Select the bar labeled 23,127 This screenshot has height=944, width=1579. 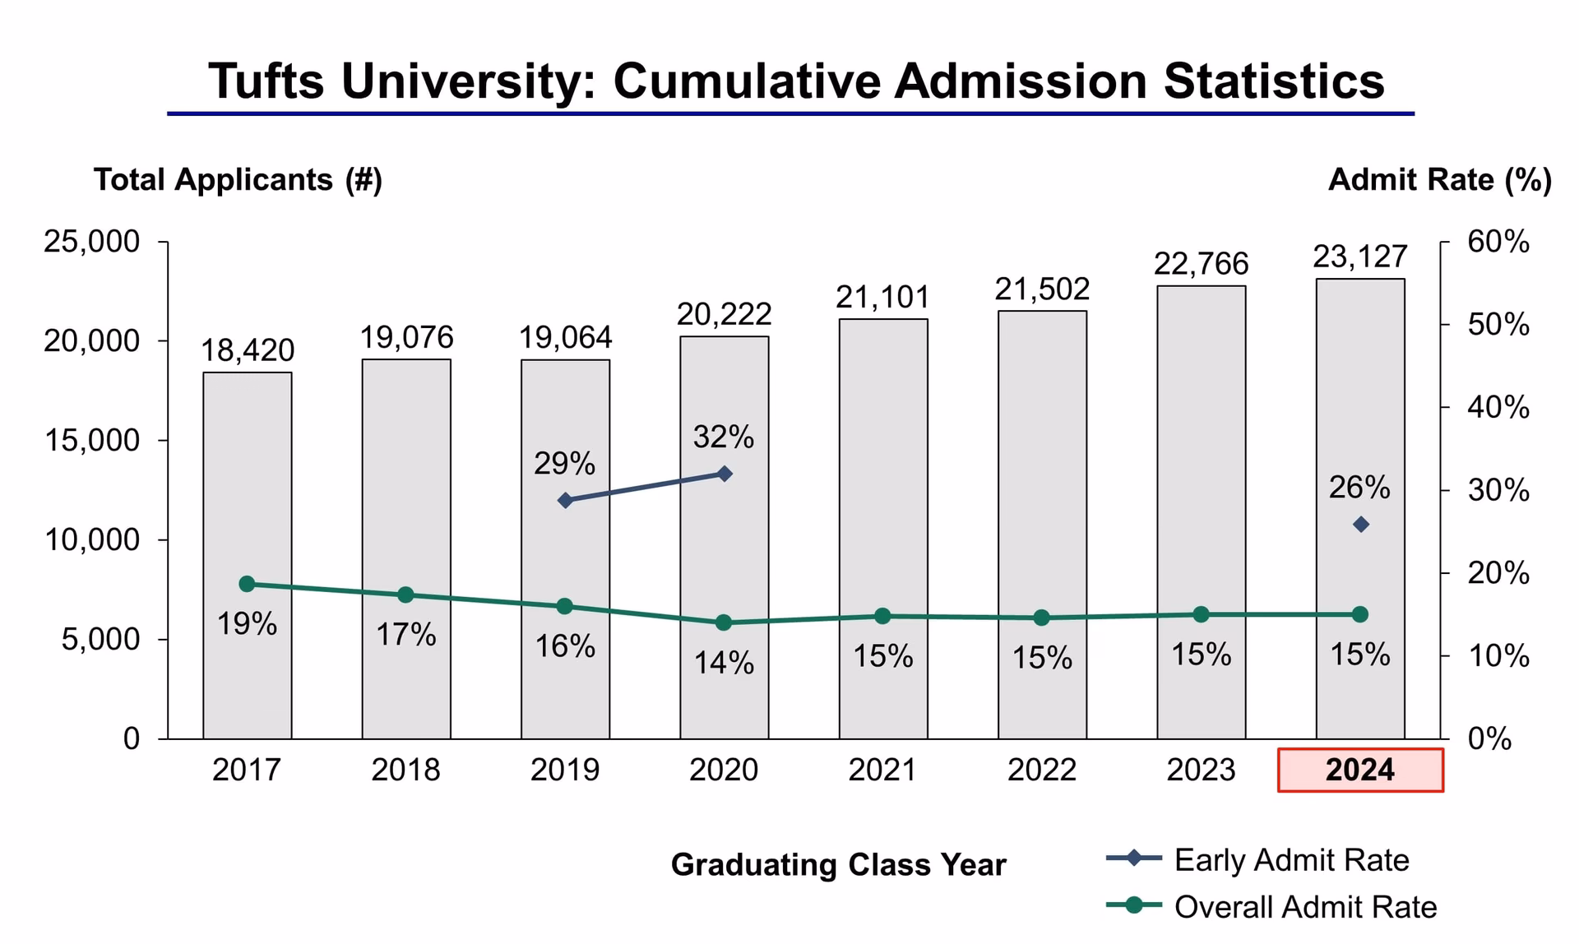1359,411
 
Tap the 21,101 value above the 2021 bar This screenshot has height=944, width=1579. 882,297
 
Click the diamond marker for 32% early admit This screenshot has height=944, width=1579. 725,474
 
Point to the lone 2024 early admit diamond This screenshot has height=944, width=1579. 1360,525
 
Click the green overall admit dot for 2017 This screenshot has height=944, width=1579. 247,584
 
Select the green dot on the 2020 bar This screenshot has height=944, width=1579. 724,622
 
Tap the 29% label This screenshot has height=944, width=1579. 564,464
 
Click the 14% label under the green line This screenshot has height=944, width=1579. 724,663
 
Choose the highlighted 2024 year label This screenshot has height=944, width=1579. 1359,770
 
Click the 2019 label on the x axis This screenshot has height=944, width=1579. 564,770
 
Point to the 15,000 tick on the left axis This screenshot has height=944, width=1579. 91,441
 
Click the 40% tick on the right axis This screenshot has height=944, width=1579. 1498,407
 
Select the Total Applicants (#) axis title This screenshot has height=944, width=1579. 238,179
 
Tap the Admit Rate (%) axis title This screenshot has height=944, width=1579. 1439,179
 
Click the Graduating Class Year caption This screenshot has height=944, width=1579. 838,865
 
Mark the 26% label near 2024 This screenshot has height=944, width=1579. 1359,488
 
